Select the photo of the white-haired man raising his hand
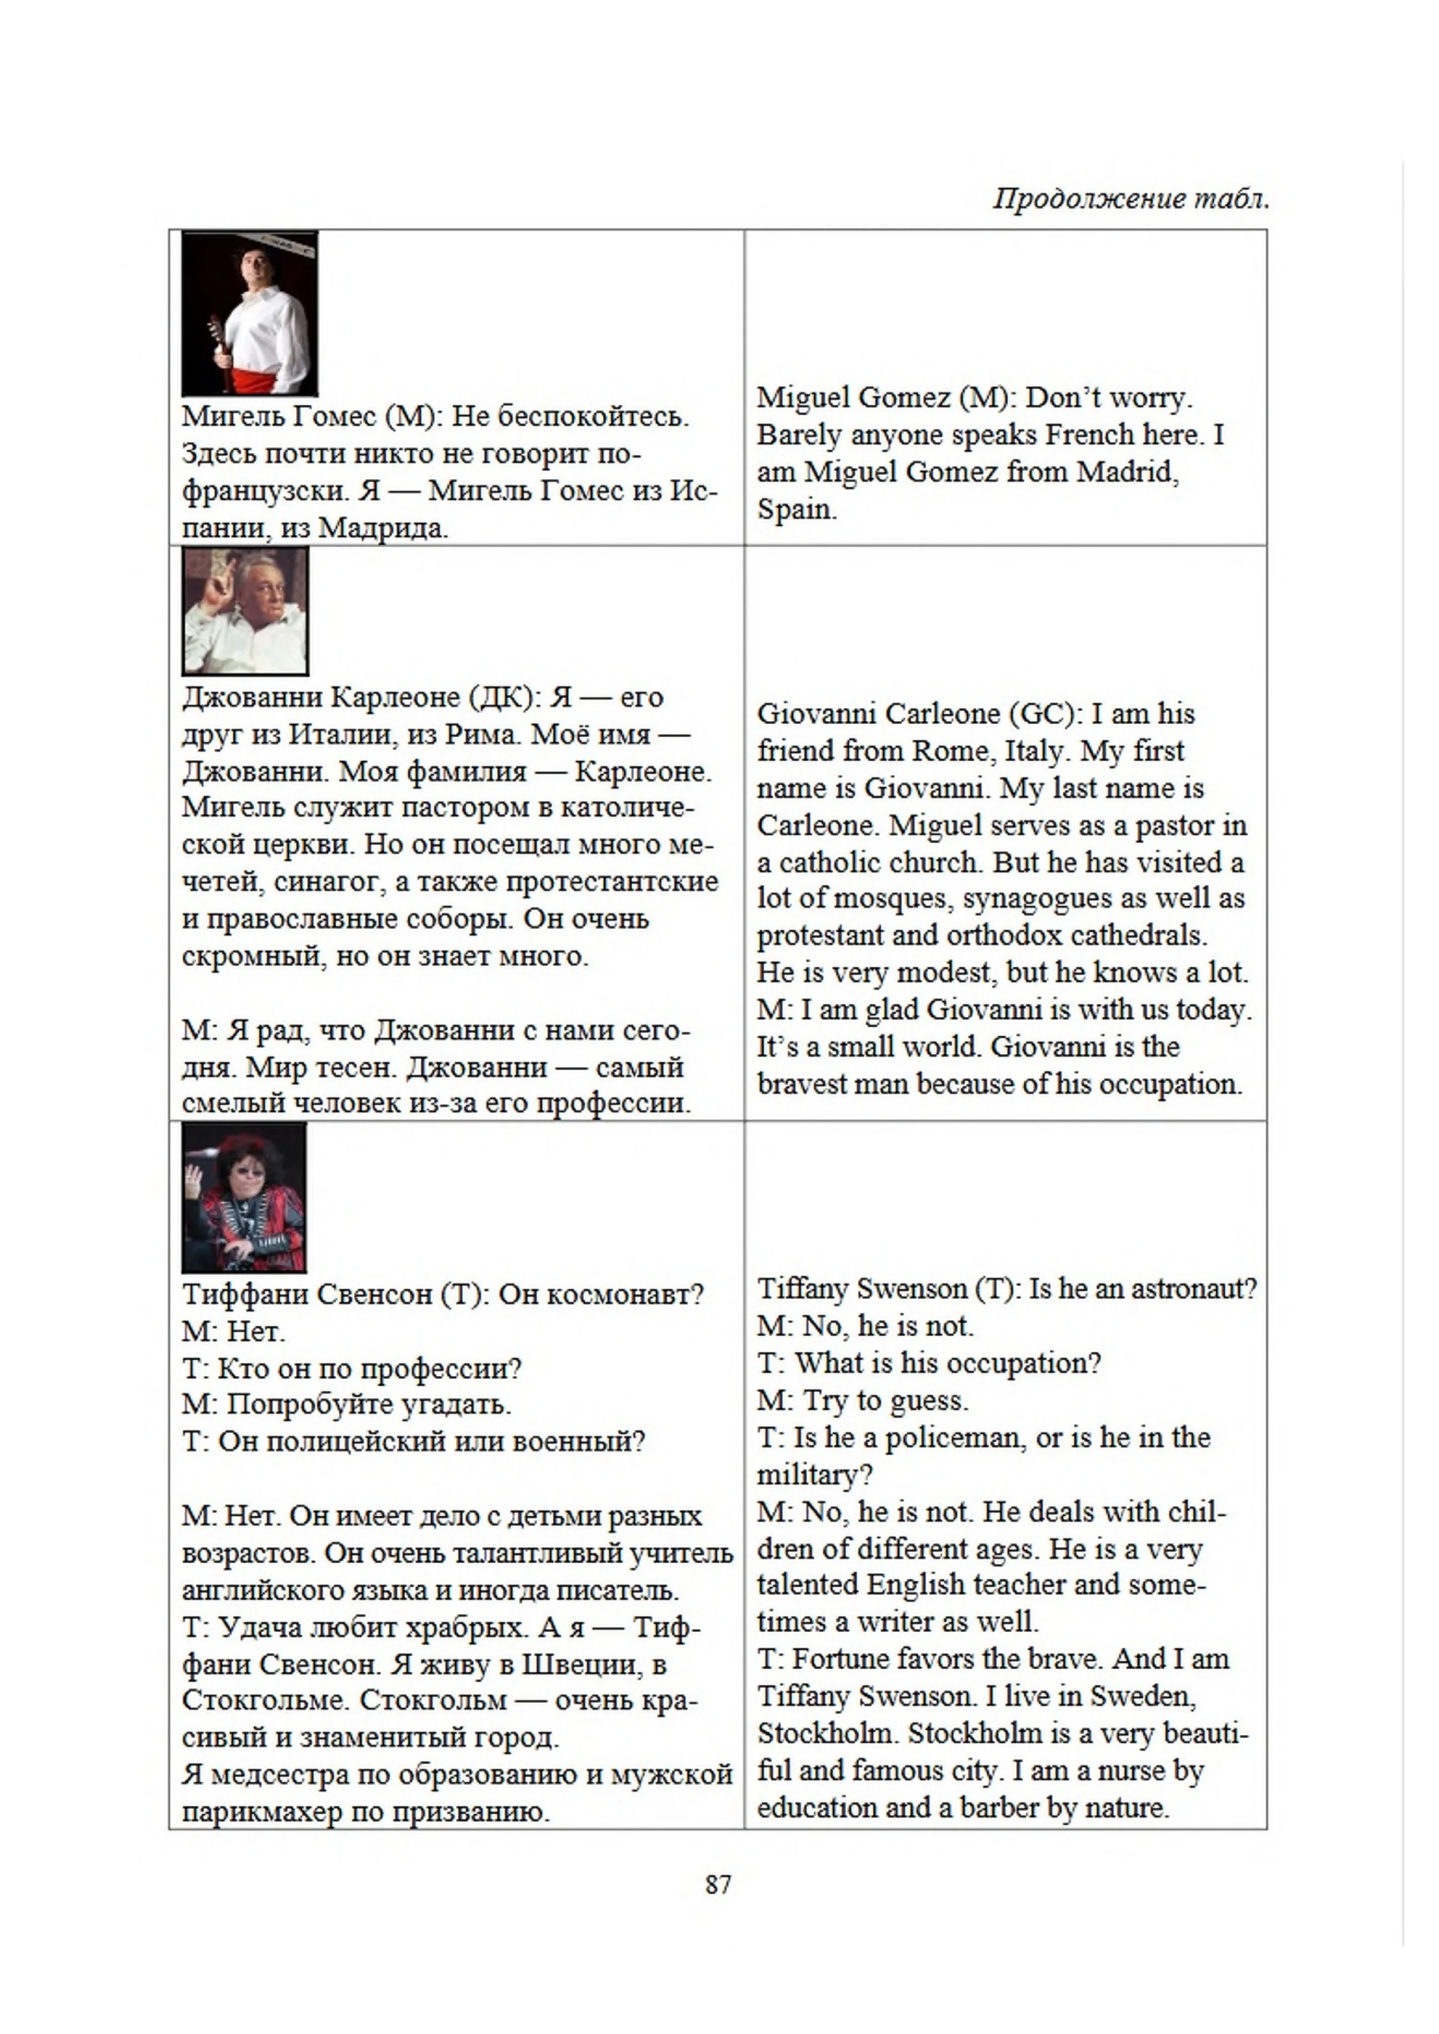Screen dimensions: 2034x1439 (x=245, y=610)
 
